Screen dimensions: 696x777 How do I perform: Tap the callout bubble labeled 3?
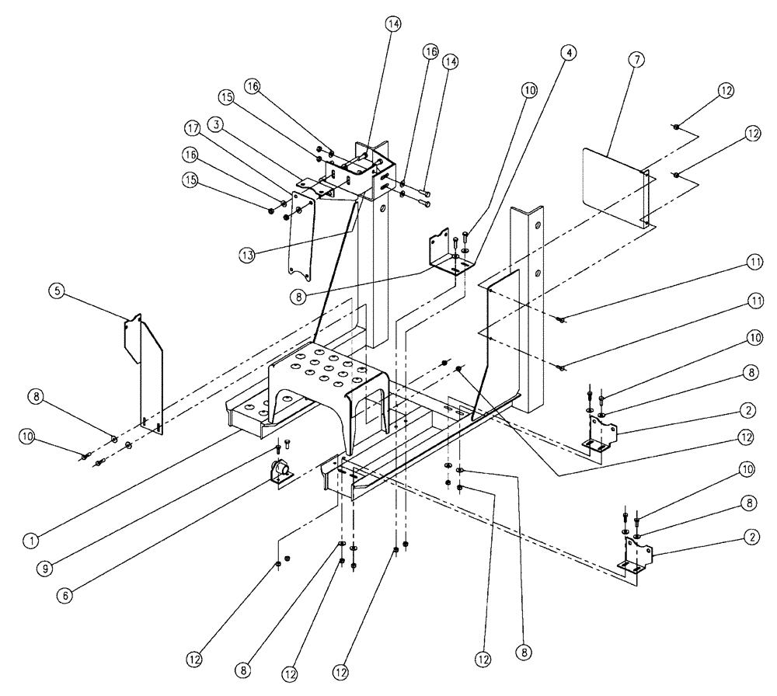point(215,124)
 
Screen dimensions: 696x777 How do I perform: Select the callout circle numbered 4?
point(570,53)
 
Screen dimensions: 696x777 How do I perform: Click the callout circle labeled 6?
point(65,597)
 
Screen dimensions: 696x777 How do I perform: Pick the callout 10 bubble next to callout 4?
point(529,90)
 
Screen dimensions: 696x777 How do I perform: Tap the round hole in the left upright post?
point(382,208)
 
